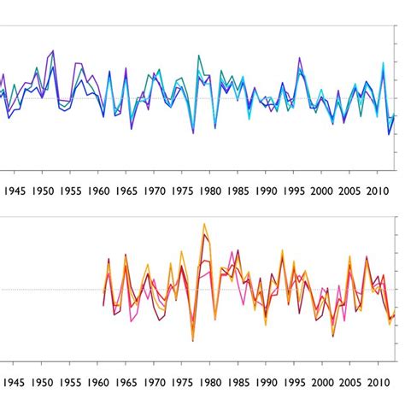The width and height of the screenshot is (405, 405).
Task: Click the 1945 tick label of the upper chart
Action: point(15,192)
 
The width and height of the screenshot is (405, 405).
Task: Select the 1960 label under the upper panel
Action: point(98,192)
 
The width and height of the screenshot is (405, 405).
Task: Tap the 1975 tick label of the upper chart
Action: point(182,192)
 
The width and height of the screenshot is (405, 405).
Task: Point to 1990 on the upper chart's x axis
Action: point(266,192)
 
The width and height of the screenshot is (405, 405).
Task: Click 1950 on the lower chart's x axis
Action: point(43,383)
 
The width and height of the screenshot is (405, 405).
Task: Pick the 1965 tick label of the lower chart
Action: point(126,383)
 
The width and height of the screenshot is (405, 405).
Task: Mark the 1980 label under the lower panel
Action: point(210,383)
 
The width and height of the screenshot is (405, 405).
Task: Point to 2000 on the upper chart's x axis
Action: point(321,192)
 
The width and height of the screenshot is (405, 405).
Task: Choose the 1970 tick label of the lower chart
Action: point(155,383)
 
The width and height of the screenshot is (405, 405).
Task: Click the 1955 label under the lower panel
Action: point(71,383)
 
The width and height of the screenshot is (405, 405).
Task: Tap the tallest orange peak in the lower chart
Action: point(204,225)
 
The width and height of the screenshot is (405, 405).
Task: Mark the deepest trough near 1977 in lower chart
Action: point(192,341)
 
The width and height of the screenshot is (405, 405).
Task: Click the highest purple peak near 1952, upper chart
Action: point(53,51)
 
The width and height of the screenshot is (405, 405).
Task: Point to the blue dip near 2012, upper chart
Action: point(389,134)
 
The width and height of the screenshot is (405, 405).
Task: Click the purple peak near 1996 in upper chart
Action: point(301,59)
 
